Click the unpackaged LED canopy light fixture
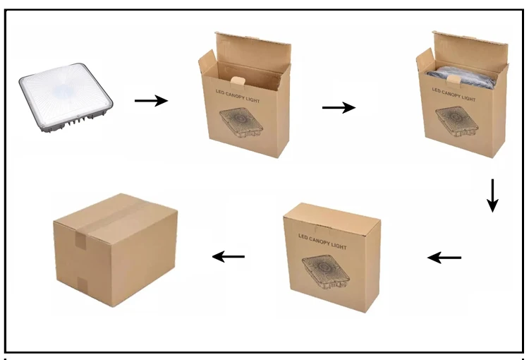[67, 102]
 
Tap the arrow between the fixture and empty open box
[151, 101]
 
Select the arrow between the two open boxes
[339, 107]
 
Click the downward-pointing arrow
[492, 196]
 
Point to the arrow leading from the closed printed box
[444, 258]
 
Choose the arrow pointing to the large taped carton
[229, 256]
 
